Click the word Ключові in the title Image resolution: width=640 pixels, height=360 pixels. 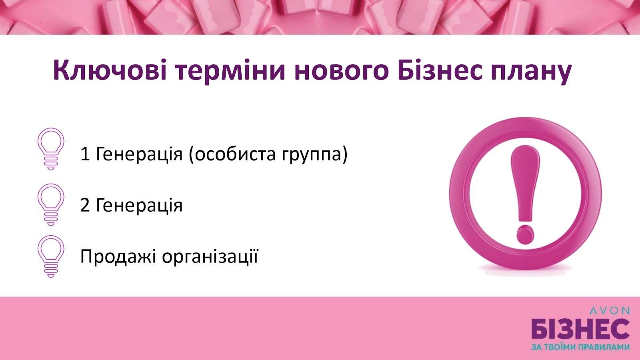tap(110, 70)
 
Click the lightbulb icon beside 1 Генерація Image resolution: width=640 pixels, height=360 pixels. tap(51, 149)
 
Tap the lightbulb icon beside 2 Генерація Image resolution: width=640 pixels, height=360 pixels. tap(51, 204)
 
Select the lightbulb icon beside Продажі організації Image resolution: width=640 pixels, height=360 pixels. tap(51, 256)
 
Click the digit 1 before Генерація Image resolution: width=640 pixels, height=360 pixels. tap(85, 154)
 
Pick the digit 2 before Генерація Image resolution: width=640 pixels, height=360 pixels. tap(85, 205)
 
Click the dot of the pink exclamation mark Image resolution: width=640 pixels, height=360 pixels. tap(525, 234)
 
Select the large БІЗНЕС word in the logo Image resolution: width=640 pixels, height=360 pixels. tap(580, 332)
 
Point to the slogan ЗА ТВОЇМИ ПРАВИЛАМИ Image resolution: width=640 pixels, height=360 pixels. tap(580, 348)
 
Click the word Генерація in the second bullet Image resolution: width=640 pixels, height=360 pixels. tap(139, 206)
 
